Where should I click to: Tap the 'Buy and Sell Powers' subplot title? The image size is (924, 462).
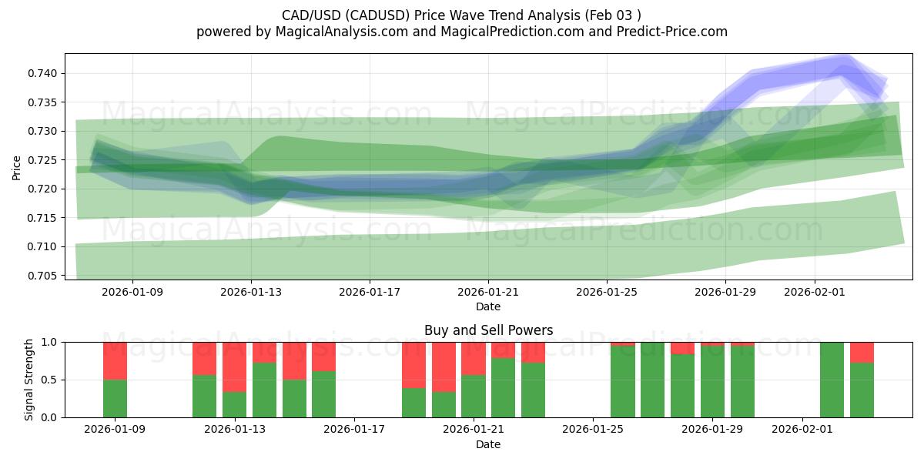[488, 330]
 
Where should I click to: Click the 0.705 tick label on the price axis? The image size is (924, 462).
[45, 276]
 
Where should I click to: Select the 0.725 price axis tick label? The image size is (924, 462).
[45, 160]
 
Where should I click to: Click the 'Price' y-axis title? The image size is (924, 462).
[17, 166]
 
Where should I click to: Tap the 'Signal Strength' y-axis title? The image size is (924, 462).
[29, 380]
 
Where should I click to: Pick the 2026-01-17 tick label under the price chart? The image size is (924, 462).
[370, 292]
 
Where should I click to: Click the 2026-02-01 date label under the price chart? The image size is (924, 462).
[815, 292]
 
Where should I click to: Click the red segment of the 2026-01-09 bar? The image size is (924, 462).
[115, 360]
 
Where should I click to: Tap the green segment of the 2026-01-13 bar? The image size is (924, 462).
[234, 404]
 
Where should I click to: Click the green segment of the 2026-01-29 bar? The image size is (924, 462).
[712, 381]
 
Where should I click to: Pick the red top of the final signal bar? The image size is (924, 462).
[862, 352]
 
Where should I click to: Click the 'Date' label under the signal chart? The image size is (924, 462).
[488, 444]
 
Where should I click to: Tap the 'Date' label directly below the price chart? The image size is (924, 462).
[488, 306]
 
